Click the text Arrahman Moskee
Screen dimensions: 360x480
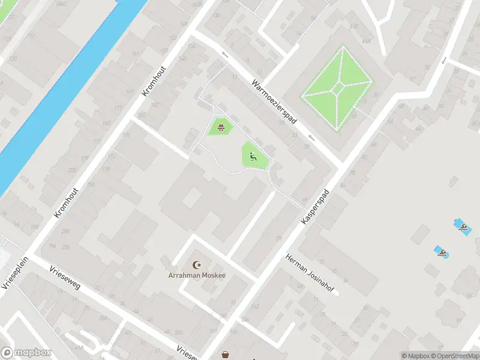coord(197,275)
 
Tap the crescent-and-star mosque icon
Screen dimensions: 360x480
coord(196,265)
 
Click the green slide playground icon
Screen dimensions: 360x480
coord(253,157)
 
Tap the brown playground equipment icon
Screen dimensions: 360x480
coord(221,127)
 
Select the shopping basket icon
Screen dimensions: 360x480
coord(226,355)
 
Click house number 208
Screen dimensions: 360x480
coord(65,230)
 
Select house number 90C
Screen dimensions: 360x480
coord(179,332)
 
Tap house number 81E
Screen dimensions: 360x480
coord(355,26)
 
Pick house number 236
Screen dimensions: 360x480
coord(65,247)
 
